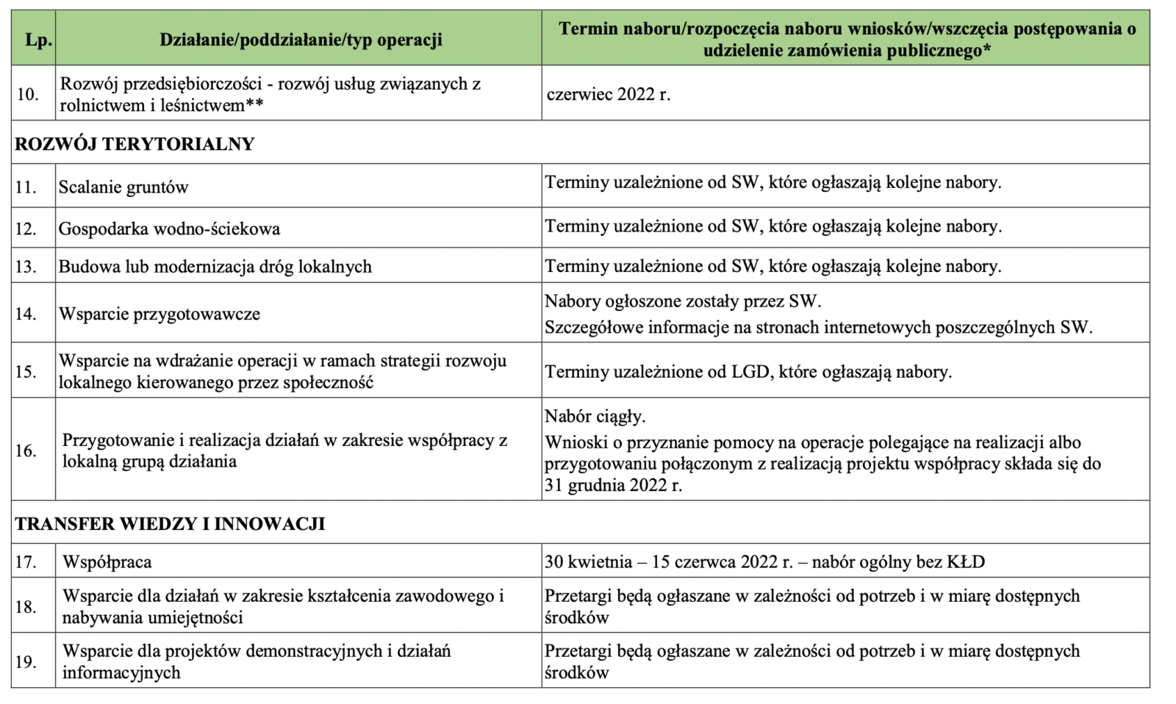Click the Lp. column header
[x=38, y=40]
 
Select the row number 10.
[x=27, y=94]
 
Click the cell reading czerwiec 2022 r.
[x=608, y=94]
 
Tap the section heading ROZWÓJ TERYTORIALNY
[x=135, y=143]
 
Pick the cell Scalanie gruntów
[x=123, y=187]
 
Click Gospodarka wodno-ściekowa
[x=169, y=229]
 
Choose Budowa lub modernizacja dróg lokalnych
[x=215, y=267]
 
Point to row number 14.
[x=26, y=314]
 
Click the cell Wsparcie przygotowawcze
[x=159, y=314]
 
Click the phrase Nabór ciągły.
[x=595, y=417]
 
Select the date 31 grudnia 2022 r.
[x=613, y=485]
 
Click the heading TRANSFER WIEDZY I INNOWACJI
[x=170, y=524]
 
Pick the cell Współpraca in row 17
[x=107, y=562]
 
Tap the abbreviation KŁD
[x=965, y=562]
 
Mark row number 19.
[x=26, y=662]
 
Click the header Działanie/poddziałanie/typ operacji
[x=301, y=40]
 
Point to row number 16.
[x=26, y=450]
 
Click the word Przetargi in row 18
[x=578, y=596]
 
